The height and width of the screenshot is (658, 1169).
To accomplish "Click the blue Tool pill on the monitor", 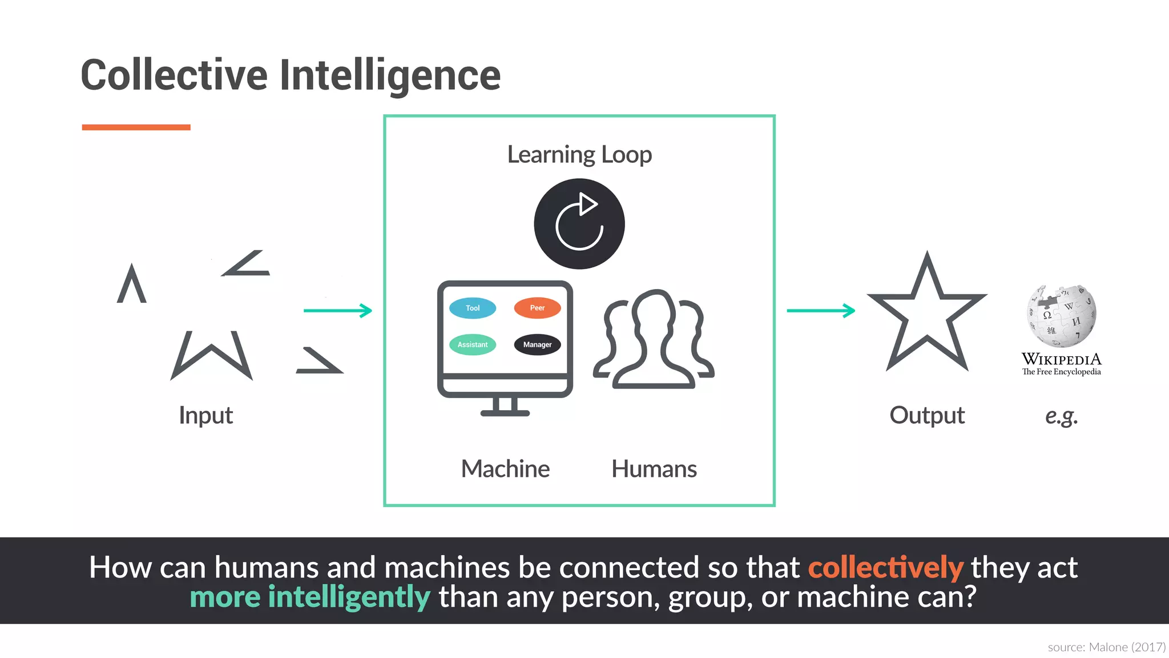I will click(473, 308).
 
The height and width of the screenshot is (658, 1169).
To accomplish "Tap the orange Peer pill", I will click(537, 308).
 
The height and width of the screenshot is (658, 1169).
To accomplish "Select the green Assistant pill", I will click(473, 344).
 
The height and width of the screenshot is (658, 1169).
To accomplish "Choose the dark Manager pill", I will click(537, 344).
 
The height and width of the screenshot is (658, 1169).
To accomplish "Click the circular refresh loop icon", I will click(579, 224).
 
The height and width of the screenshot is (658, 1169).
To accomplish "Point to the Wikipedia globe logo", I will click(1062, 316).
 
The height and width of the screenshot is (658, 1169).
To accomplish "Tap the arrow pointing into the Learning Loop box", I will click(338, 311).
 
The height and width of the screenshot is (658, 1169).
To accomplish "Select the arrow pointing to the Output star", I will click(821, 311).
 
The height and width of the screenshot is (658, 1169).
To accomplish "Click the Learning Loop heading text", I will click(579, 155).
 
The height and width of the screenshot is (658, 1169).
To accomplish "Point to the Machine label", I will click(505, 469).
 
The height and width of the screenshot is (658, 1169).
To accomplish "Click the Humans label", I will click(654, 469).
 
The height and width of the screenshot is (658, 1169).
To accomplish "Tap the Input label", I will click(205, 415).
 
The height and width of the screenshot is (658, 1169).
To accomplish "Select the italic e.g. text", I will click(1061, 416).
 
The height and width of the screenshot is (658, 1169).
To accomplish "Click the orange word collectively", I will click(885, 568).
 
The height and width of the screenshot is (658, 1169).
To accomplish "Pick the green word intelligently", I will click(349, 597).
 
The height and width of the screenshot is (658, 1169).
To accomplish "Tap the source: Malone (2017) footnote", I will click(1106, 647).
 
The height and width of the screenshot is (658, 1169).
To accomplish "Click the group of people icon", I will click(654, 340).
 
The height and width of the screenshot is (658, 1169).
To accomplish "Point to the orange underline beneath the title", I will click(136, 127).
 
